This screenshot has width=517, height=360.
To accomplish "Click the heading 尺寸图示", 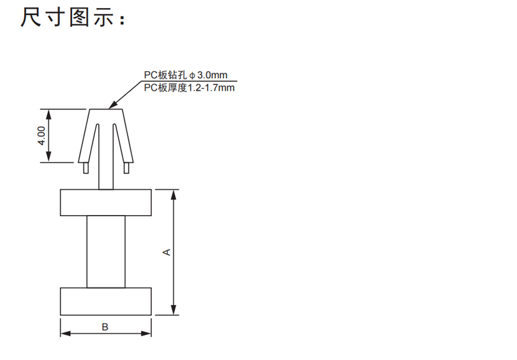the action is (x=67, y=17).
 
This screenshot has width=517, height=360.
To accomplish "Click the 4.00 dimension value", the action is (x=41, y=136).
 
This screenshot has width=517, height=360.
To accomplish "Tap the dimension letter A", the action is (x=167, y=252).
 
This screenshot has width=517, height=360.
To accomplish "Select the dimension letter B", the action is (x=105, y=327).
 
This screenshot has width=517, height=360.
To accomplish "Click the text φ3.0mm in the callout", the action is (x=208, y=75).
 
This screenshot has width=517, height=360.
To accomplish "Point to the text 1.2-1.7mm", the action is (x=211, y=87).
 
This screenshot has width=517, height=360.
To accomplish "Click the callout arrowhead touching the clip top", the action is (x=113, y=104).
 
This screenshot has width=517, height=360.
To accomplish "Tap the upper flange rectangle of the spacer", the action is (x=106, y=202).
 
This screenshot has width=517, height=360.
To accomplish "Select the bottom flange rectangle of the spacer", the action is (x=106, y=301).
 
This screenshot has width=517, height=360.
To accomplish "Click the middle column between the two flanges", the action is (x=106, y=251).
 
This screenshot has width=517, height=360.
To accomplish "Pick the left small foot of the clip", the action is (x=86, y=167).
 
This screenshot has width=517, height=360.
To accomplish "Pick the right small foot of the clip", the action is (x=126, y=167).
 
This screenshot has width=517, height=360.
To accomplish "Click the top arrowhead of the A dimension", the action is (x=174, y=195).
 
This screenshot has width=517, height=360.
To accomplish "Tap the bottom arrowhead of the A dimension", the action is (x=174, y=310).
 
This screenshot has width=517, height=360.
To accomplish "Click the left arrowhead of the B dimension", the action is (x=66, y=334).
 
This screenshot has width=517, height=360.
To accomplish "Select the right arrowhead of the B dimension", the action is (x=146, y=334).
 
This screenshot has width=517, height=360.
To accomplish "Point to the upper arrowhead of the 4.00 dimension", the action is (x=49, y=114).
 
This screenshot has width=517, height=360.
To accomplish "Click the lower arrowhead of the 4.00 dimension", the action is (x=49, y=157).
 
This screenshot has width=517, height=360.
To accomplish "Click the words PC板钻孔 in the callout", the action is (x=166, y=75).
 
